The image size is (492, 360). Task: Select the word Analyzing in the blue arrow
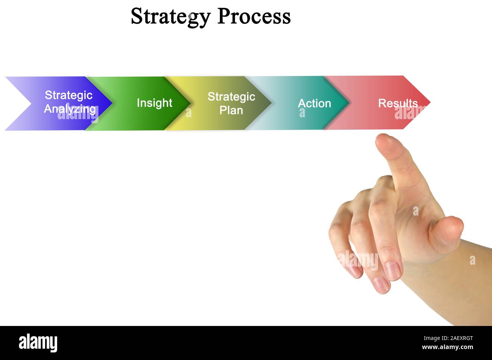click(70, 109)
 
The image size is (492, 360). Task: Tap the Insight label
click(154, 103)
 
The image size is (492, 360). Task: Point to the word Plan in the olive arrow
click(231, 110)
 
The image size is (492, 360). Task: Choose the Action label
click(314, 103)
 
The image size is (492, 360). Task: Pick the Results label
click(398, 103)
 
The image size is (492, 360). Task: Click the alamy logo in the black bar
click(38, 343)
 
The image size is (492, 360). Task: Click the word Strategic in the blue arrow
click(69, 95)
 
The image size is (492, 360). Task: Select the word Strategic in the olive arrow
click(231, 97)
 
